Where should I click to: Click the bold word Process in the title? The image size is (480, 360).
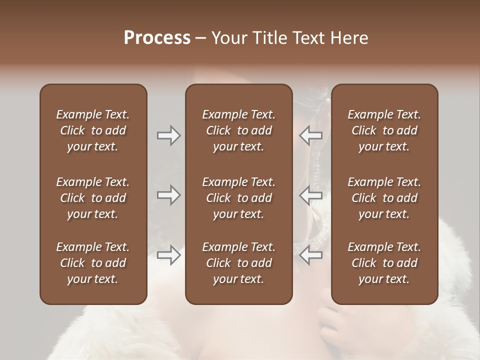pyautogui.click(x=157, y=38)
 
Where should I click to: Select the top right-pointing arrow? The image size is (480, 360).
pyautogui.click(x=168, y=135)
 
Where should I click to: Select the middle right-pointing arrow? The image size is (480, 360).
pyautogui.click(x=168, y=195)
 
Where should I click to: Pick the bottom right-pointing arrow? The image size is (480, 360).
pyautogui.click(x=168, y=255)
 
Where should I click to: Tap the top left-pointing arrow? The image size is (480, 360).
pyautogui.click(x=311, y=135)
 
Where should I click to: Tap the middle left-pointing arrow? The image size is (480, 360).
pyautogui.click(x=311, y=195)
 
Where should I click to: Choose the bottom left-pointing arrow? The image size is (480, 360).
pyautogui.click(x=311, y=255)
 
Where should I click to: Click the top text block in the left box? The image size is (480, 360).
pyautogui.click(x=93, y=130)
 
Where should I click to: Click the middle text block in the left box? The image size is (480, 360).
pyautogui.click(x=93, y=198)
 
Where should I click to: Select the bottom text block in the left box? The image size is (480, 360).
pyautogui.click(x=93, y=263)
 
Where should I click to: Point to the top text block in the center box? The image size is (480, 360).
pyautogui.click(x=238, y=130)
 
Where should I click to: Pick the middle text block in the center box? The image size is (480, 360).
pyautogui.click(x=238, y=198)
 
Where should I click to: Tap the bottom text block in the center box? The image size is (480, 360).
pyautogui.click(x=238, y=263)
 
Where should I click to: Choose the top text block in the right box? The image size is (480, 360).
pyautogui.click(x=384, y=130)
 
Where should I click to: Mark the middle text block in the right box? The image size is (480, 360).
pyautogui.click(x=384, y=198)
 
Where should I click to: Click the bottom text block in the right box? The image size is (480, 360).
pyautogui.click(x=384, y=263)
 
